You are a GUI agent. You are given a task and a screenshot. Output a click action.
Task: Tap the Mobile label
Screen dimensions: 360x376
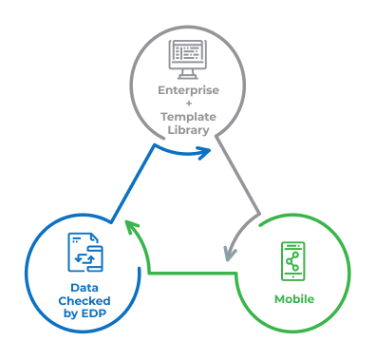coord(294,299)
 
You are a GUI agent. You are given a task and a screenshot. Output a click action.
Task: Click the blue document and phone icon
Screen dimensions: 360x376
coord(85,255)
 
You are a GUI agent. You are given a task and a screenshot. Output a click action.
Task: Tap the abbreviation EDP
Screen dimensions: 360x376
coord(94,312)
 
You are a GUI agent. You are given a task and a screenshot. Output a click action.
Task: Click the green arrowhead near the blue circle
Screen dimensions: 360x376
coord(131,229)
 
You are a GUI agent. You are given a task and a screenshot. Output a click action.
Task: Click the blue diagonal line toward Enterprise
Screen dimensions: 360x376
coord(133,186)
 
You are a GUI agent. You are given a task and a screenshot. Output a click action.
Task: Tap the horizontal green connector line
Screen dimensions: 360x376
coord(190,275)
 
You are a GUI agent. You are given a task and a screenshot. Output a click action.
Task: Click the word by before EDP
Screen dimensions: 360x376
coord(71,312)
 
